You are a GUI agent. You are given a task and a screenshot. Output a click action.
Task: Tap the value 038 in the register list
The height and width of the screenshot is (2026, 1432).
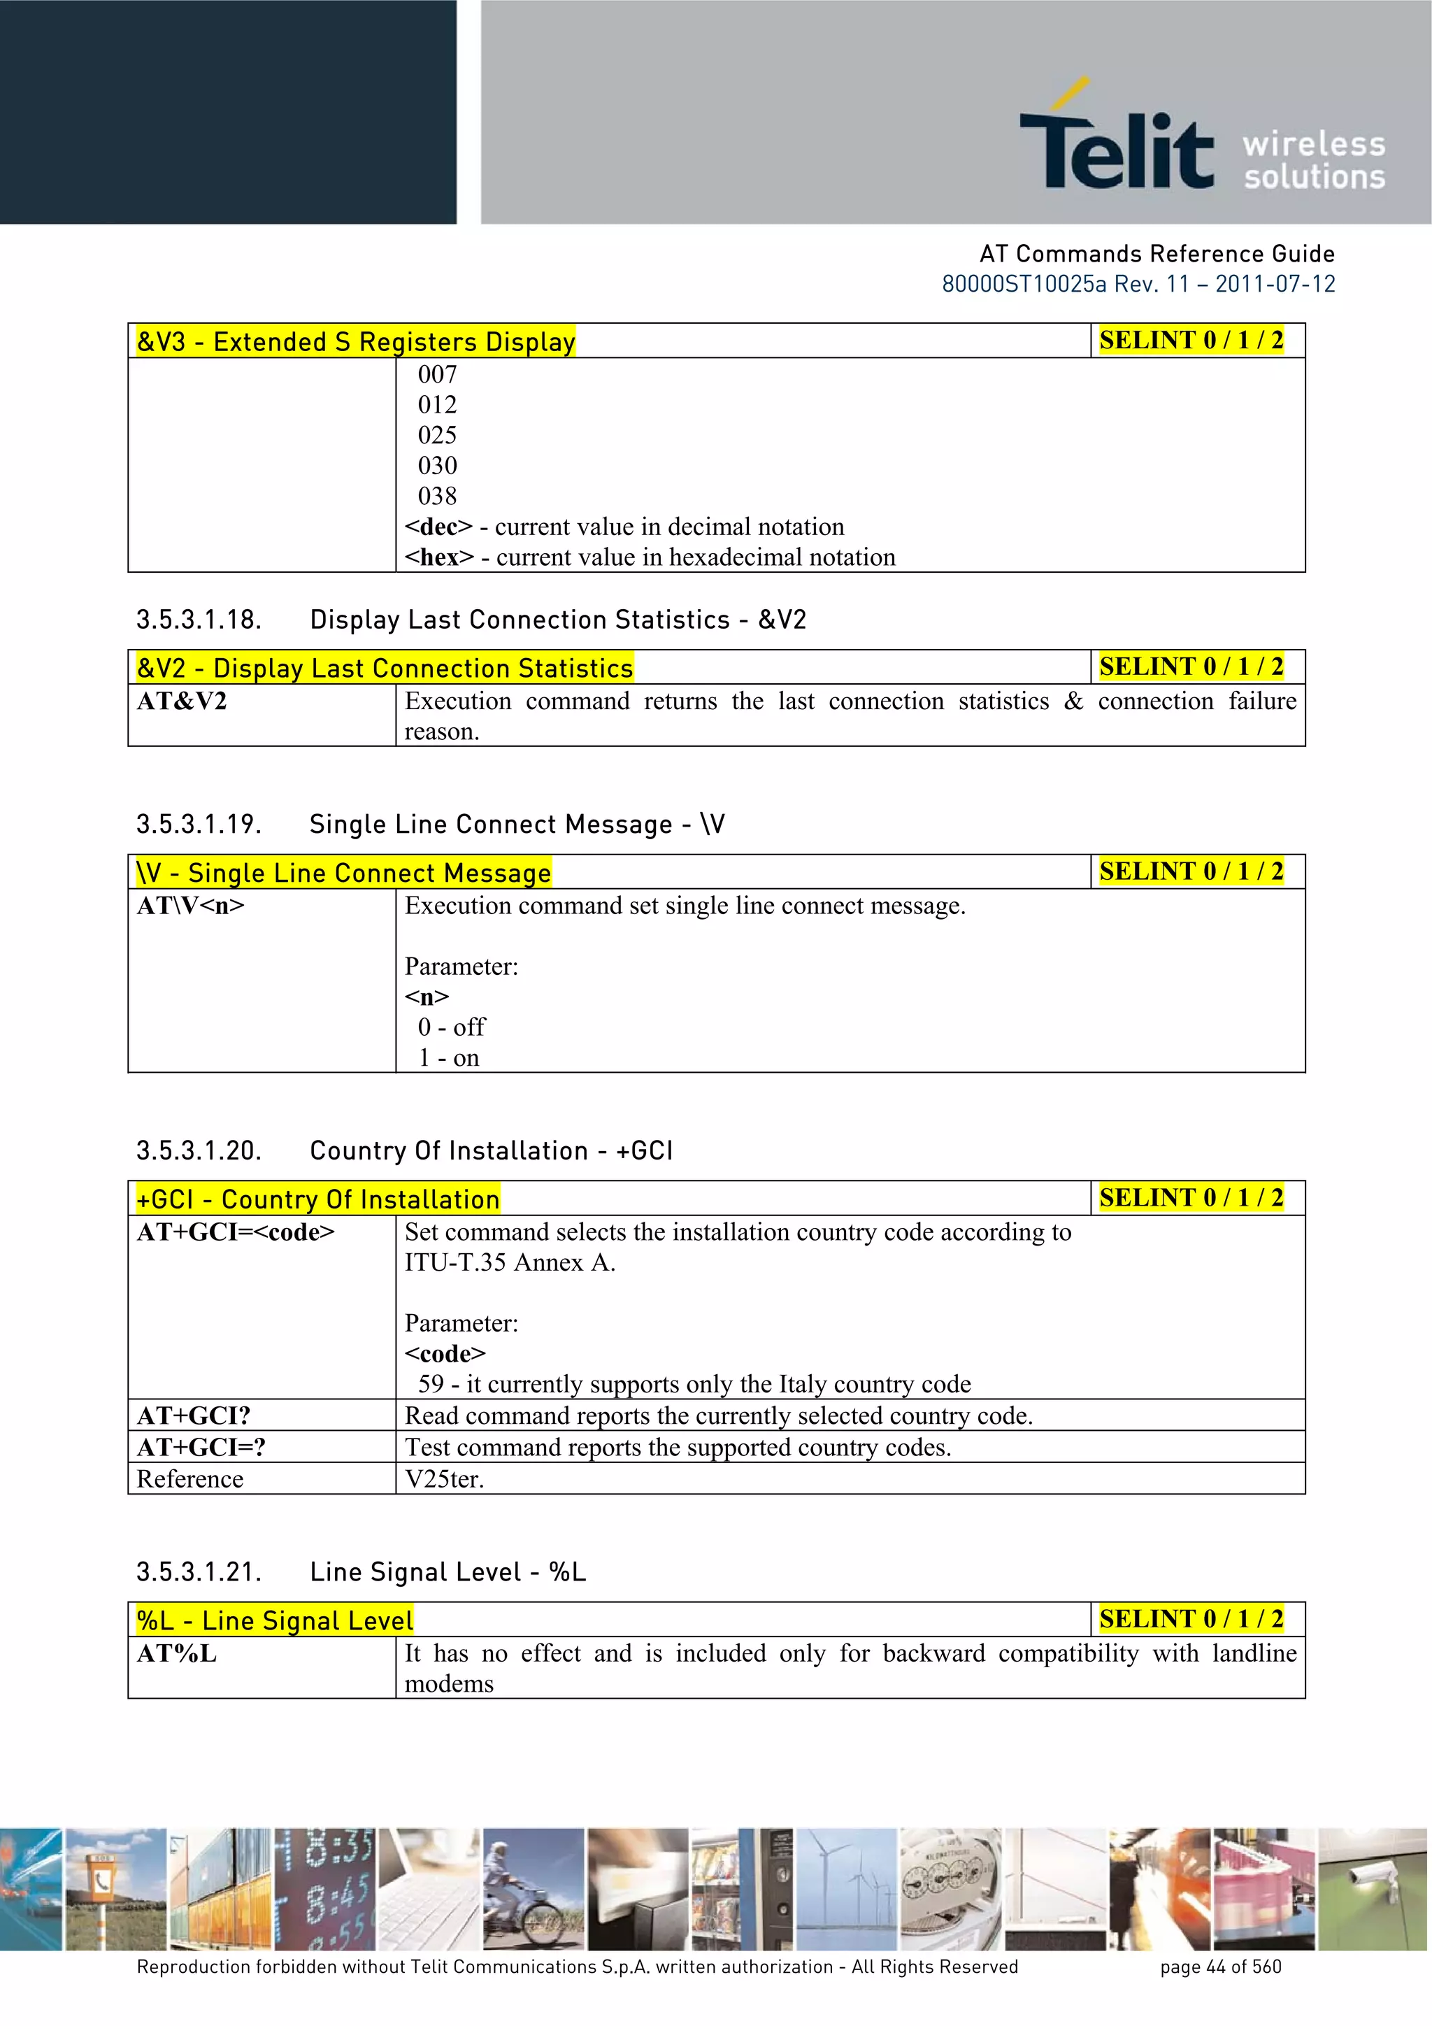tap(438, 496)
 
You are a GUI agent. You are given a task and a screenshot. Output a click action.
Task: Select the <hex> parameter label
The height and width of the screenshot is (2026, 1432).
tap(439, 557)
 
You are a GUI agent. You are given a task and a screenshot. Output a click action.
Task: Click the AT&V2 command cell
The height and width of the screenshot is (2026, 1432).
tap(182, 701)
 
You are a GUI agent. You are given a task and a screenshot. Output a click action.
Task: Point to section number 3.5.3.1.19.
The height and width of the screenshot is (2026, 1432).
tap(199, 824)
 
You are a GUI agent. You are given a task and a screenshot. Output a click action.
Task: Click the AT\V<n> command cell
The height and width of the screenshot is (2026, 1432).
tap(191, 906)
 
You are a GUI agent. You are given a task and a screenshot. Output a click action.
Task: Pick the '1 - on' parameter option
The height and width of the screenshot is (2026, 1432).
tap(449, 1058)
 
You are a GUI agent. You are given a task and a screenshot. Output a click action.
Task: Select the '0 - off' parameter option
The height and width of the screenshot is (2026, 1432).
tap(452, 1027)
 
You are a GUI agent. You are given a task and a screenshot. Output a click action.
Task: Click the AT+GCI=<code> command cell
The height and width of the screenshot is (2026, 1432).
tap(236, 1233)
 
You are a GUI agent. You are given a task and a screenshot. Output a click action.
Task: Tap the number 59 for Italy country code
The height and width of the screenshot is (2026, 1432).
tap(431, 1385)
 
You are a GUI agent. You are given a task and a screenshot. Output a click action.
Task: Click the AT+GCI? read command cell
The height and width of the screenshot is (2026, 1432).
tap(194, 1416)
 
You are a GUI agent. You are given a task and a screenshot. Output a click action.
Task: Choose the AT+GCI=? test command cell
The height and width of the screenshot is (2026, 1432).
tap(201, 1448)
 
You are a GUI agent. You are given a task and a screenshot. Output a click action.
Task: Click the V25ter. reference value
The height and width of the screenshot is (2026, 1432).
tap(445, 1480)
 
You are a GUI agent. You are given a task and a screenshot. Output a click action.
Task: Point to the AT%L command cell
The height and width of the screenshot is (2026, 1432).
tap(176, 1655)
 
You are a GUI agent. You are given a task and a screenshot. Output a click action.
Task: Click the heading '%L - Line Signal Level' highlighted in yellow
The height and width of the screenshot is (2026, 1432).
tap(274, 1621)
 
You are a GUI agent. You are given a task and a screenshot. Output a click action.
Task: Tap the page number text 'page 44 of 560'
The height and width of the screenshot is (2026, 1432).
tap(1220, 1967)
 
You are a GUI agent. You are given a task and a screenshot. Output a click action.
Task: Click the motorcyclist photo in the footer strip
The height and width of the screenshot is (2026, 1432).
tap(533, 1890)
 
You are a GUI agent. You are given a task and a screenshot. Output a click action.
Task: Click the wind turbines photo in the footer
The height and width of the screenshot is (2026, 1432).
tap(846, 1890)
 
